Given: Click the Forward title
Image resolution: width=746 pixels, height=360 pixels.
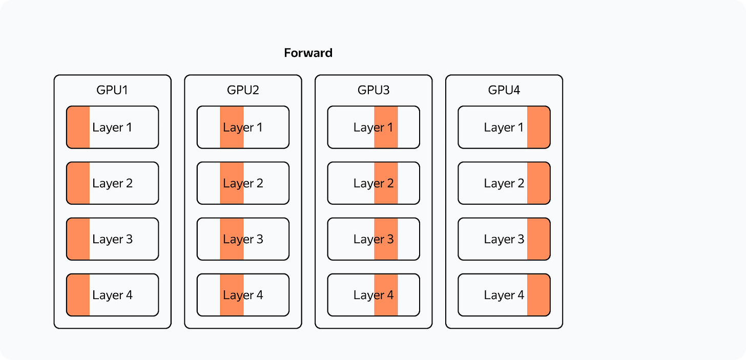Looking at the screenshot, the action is (308, 53).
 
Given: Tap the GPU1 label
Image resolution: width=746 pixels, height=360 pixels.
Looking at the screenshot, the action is (112, 90).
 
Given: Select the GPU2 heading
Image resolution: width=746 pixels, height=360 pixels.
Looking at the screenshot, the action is (243, 90).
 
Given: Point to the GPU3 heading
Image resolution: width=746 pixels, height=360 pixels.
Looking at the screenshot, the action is (374, 90).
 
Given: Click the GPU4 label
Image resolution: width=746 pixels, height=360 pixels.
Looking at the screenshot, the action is (504, 90).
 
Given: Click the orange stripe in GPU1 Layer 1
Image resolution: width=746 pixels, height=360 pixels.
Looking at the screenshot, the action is (78, 127).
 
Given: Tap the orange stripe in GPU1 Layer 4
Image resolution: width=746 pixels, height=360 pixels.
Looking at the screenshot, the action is (78, 295).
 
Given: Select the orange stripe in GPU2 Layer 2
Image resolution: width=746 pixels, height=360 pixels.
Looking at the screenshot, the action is (232, 183).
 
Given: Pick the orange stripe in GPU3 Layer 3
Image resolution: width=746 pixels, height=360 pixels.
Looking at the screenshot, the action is (386, 239).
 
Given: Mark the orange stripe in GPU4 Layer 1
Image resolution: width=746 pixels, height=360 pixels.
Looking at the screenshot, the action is (538, 127).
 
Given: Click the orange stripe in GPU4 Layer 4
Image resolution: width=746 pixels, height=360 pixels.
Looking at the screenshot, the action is (538, 295).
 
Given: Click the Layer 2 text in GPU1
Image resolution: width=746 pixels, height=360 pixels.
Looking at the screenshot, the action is (113, 183).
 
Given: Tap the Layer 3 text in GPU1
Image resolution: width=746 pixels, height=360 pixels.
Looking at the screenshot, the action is (113, 239).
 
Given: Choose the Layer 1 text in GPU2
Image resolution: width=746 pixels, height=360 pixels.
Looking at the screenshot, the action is (243, 128).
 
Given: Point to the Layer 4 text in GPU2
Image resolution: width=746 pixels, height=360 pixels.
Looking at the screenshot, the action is (243, 295).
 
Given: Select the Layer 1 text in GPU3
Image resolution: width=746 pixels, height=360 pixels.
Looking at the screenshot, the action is (374, 128).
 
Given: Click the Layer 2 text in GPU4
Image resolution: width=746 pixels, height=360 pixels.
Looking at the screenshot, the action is (504, 183).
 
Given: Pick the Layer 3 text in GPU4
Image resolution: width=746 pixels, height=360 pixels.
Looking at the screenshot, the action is (504, 239).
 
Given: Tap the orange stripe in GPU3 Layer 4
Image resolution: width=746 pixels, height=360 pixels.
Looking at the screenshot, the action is (386, 295).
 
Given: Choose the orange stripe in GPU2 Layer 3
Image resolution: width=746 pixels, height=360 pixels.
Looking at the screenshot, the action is (232, 239).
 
